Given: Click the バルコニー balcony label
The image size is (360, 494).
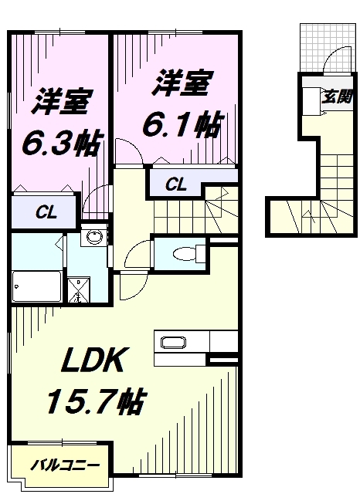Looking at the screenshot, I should [x=65, y=466].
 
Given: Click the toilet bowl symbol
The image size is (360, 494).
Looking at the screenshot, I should [x=185, y=252].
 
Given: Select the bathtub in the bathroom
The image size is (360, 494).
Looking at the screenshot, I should [x=36, y=287].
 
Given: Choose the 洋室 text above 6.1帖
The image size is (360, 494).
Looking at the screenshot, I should [x=182, y=83].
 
